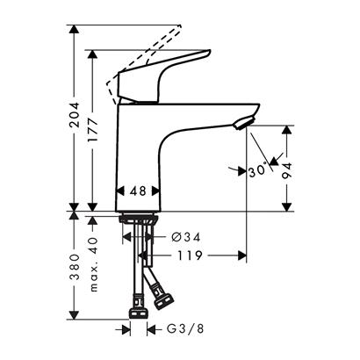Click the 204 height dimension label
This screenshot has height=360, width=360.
tap(75, 114)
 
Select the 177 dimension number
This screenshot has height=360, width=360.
tap(93, 130)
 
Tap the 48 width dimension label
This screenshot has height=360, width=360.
tap(138, 191)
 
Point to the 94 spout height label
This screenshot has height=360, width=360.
tap(287, 170)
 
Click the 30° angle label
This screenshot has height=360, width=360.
tap(258, 171)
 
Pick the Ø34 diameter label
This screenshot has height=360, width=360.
tap(186, 237)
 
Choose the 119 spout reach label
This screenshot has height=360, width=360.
tap(190, 256)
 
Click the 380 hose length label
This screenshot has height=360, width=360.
tap(75, 267)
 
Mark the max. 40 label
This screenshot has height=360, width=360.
tap(93, 264)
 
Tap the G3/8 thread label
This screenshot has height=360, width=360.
tap(185, 329)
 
